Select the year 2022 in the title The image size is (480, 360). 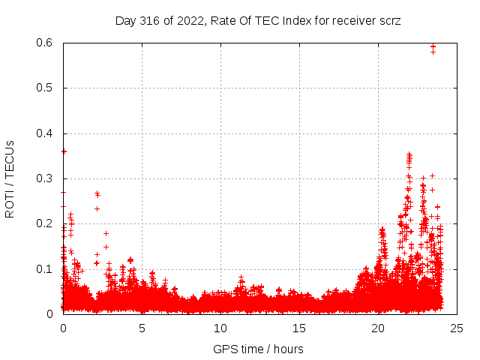click(186, 20)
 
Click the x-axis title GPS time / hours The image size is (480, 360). click(259, 349)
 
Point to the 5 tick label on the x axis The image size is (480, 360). click(142, 328)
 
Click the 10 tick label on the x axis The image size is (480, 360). click(220, 328)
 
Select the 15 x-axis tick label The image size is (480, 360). click(299, 328)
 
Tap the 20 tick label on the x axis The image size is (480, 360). click(378, 328)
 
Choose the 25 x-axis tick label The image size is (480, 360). click(457, 328)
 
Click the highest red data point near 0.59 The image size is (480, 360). click(433, 46)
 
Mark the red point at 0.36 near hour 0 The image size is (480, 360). click(64, 151)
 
